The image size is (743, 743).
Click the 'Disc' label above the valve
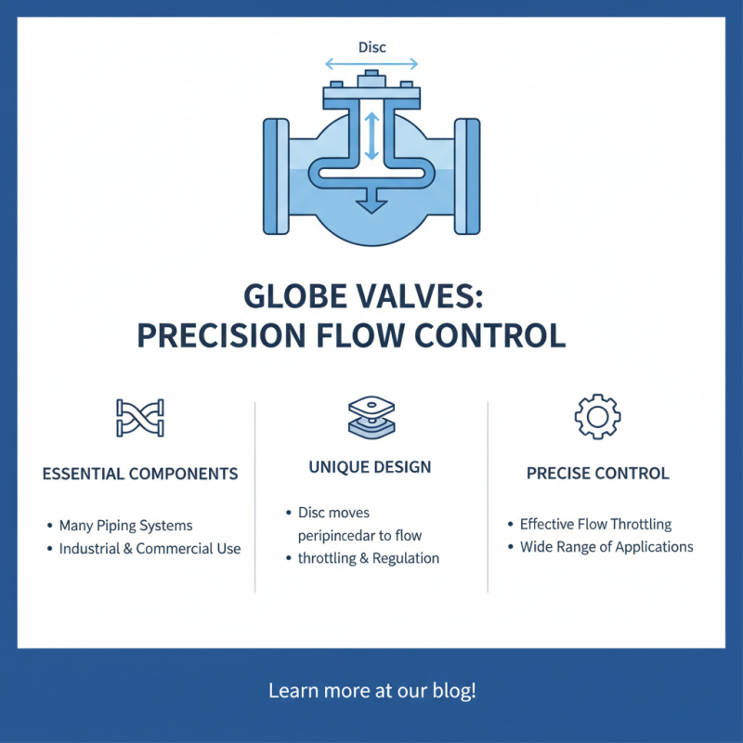pos(371,46)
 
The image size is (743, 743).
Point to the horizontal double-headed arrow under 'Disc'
pos(371,65)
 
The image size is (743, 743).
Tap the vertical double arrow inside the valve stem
pos(371,136)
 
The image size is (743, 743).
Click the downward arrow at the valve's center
pos(371,200)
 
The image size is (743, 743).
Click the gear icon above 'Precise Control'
pos(597,416)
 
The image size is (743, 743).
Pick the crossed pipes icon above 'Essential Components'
pos(140,418)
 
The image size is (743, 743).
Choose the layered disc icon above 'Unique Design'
pos(370,416)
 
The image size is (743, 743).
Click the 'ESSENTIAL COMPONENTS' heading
pos(140,474)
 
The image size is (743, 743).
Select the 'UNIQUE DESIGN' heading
pos(370,467)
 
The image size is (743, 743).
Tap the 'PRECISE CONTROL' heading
pos(597,474)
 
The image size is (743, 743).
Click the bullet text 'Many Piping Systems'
pos(125,526)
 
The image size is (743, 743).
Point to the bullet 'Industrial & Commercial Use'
pos(150,549)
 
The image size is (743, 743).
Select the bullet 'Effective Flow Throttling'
pos(595,524)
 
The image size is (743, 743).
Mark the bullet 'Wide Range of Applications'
pos(606,547)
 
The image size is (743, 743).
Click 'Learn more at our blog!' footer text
pos(371,691)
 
